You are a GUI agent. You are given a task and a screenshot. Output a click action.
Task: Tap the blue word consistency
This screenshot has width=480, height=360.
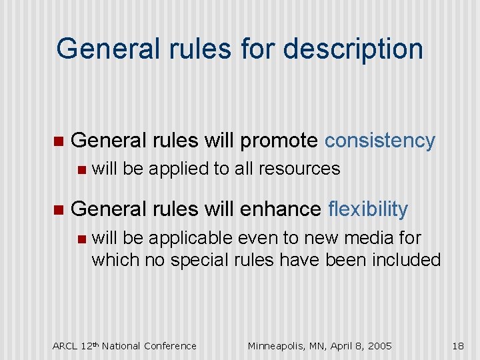pos(379,141)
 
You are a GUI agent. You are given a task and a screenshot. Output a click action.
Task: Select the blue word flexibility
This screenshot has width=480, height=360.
pos(368,209)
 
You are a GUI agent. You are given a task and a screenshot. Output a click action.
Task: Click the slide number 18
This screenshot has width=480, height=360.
pos(457,345)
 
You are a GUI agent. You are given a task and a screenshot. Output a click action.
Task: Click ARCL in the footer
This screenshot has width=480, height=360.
pos(65,345)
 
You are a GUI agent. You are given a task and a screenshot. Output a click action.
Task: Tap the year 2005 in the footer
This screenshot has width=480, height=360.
pos(379,345)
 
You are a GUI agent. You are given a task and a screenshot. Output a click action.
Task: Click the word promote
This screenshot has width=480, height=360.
pos(279,141)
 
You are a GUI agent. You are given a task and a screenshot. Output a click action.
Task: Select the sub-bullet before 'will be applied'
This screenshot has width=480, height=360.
pos(81,169)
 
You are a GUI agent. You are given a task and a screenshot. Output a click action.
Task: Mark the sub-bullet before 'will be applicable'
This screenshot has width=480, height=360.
pos(81,238)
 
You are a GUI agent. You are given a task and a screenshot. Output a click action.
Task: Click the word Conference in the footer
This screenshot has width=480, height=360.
pos(172,345)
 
